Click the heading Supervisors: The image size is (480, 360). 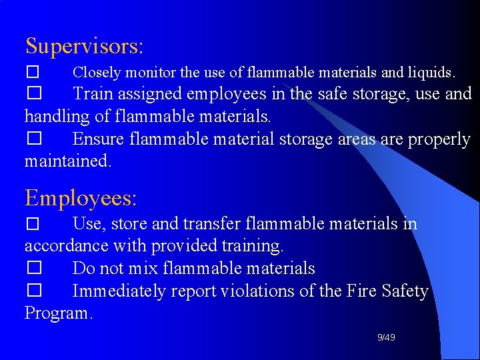(84, 46)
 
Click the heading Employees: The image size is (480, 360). (81, 198)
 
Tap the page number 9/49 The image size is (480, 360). (386, 338)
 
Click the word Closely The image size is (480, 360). (97, 71)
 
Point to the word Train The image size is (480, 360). (97, 94)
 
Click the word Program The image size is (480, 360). (59, 313)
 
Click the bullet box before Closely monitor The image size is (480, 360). (34, 71)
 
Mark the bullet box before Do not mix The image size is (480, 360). (34, 268)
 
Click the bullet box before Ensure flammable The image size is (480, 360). (34, 139)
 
